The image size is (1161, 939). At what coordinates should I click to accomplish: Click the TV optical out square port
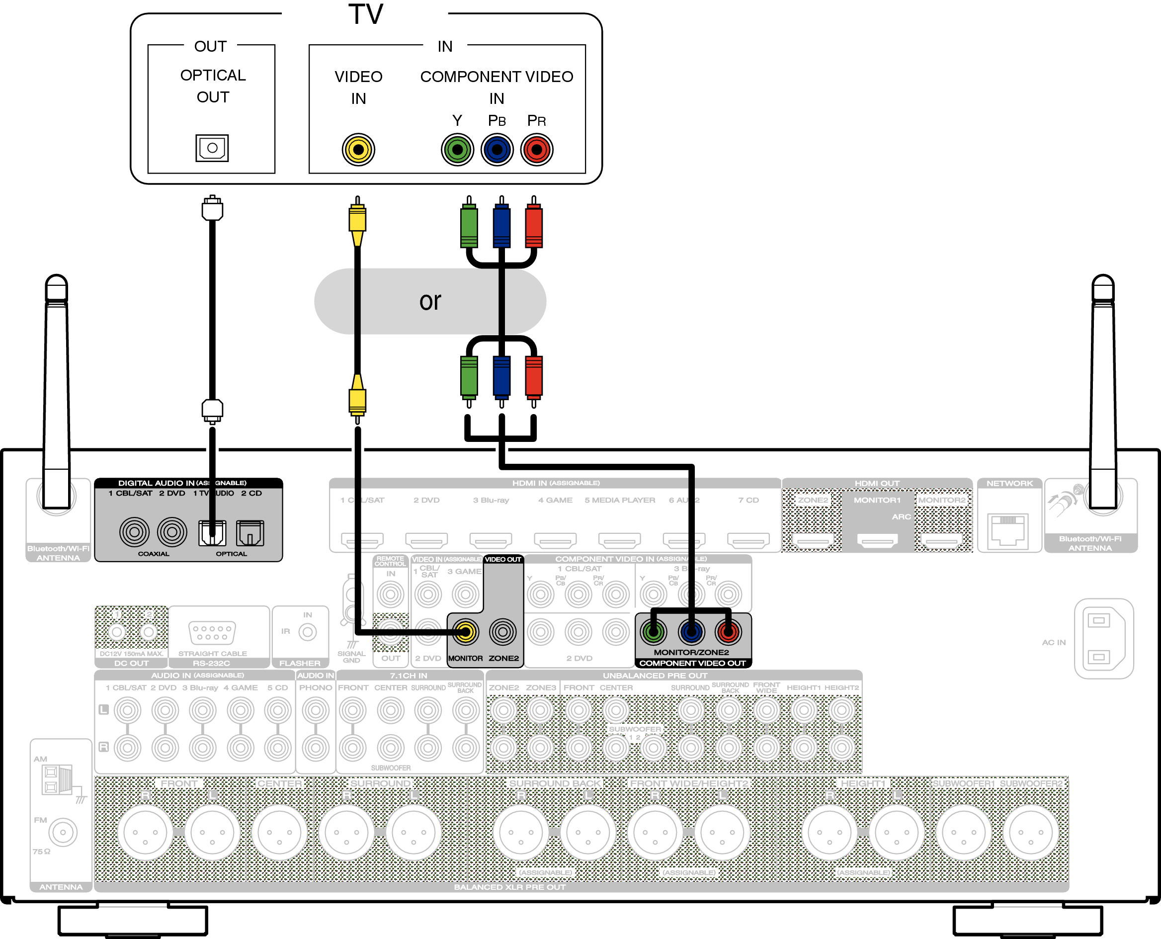[212, 148]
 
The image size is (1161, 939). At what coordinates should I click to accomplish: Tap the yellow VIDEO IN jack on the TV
[358, 149]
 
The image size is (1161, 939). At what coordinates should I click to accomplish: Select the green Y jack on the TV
[457, 149]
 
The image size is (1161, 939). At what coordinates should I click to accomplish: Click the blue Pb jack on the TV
[497, 149]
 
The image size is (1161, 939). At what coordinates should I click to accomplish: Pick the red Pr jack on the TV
[536, 149]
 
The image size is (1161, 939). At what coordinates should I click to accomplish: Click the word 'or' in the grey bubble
[430, 301]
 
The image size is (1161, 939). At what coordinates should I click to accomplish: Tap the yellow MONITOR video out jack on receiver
[465, 631]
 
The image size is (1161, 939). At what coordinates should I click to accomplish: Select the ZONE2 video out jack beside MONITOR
[503, 631]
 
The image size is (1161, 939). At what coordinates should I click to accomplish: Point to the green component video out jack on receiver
[653, 631]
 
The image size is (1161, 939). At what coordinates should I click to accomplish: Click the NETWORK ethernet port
[1008, 529]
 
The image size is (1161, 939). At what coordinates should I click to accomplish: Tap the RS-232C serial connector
[212, 632]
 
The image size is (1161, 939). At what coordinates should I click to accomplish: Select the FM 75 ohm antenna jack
[63, 832]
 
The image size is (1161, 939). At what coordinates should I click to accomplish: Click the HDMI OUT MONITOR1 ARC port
[877, 539]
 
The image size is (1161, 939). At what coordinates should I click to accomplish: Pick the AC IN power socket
[1103, 638]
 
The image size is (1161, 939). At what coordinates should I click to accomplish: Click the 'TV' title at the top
[366, 14]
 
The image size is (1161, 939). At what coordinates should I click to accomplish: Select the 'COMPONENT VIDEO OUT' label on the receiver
[692, 663]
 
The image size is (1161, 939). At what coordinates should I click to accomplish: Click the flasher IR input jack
[307, 631]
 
